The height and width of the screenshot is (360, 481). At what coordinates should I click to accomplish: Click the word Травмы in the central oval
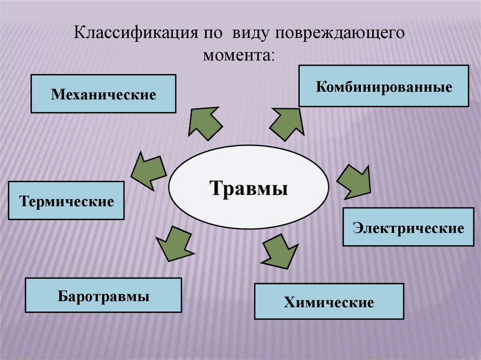click(x=248, y=188)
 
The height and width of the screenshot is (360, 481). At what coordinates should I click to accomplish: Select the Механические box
click(x=103, y=94)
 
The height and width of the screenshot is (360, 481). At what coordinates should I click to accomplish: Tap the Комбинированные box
click(x=384, y=86)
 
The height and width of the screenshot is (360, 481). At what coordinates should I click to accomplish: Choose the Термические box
click(x=66, y=201)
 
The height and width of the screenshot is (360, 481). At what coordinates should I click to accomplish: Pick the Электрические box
click(x=408, y=228)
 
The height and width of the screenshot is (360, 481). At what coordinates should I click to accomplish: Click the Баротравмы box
click(x=103, y=295)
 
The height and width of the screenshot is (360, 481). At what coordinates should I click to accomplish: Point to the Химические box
click(x=329, y=301)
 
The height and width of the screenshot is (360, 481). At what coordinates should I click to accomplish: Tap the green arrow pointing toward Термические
click(x=149, y=169)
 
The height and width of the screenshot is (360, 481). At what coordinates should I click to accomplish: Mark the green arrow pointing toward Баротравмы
click(x=173, y=243)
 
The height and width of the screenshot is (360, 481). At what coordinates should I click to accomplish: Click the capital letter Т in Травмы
click(x=215, y=188)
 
